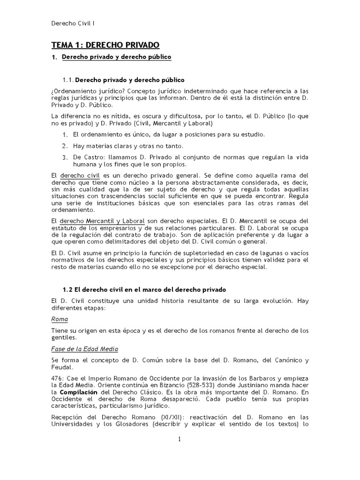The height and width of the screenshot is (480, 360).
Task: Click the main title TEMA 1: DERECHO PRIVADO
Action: [105, 45]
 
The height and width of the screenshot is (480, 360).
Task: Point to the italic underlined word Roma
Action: [59, 319]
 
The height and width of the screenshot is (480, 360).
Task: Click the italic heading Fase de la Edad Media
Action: [84, 349]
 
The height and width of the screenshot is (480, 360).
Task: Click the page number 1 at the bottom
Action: [179, 439]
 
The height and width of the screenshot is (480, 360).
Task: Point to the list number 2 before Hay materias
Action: [65, 146]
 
